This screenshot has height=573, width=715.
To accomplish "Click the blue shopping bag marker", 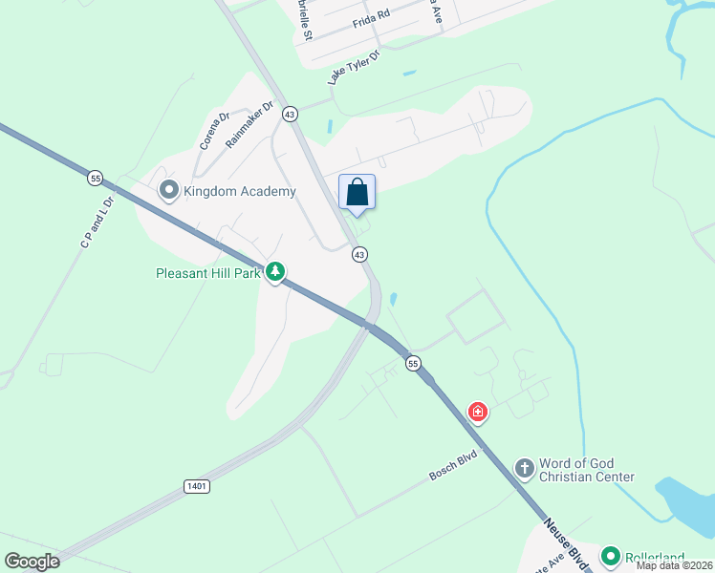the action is [x=357, y=193].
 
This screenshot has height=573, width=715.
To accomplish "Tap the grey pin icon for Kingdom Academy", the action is [x=170, y=191].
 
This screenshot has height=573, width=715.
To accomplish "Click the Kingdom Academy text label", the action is [x=239, y=192].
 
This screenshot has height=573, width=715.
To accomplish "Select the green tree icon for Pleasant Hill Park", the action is [x=275, y=273].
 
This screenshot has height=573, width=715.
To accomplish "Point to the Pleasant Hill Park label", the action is [x=209, y=273].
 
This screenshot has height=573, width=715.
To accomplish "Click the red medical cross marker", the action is [x=477, y=413].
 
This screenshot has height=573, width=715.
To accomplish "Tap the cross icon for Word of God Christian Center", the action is [x=524, y=468].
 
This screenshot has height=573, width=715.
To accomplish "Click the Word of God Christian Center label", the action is [x=587, y=469].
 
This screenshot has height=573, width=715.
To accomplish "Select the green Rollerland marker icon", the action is [x=611, y=555].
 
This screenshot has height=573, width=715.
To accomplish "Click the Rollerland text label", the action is [x=658, y=556].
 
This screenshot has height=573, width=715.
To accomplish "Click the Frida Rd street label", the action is [x=371, y=16].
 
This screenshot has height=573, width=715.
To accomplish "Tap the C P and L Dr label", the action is [x=97, y=223].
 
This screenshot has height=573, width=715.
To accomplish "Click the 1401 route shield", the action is [x=196, y=486].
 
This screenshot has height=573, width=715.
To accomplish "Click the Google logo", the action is [x=32, y=562].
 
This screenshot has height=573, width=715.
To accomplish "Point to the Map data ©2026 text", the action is [x=674, y=565].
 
